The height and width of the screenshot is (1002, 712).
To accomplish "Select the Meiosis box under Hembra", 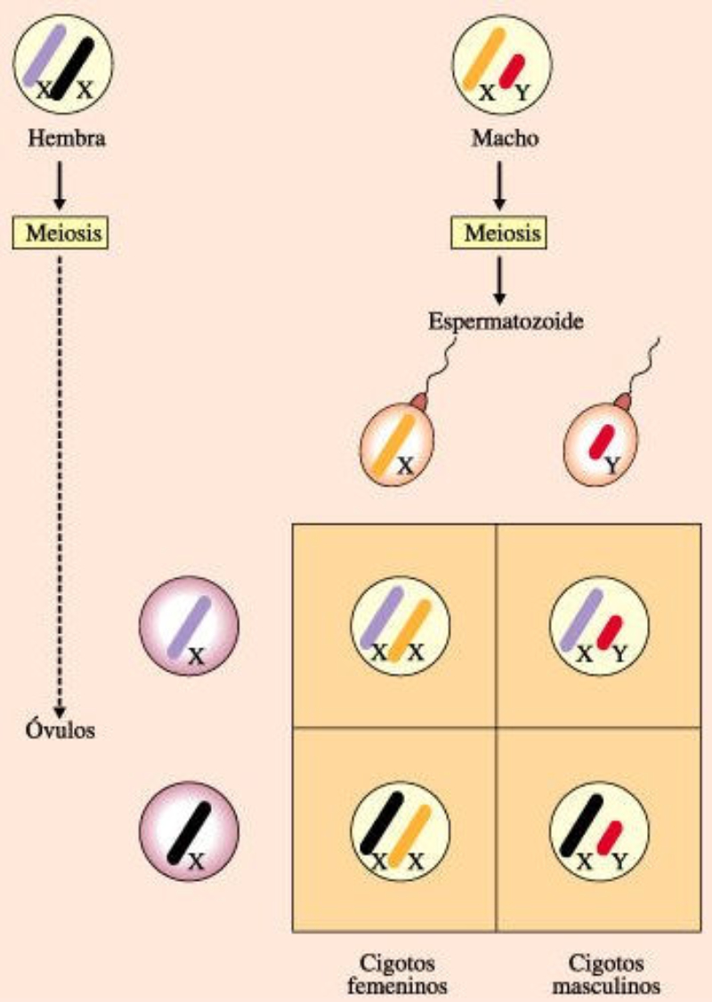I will pos(60,234).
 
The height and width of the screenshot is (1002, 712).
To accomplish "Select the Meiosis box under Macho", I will pos(500,234).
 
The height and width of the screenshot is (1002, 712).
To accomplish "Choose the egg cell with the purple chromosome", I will pos(188,631).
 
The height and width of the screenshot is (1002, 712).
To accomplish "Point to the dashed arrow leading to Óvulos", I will pos(60,481).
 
